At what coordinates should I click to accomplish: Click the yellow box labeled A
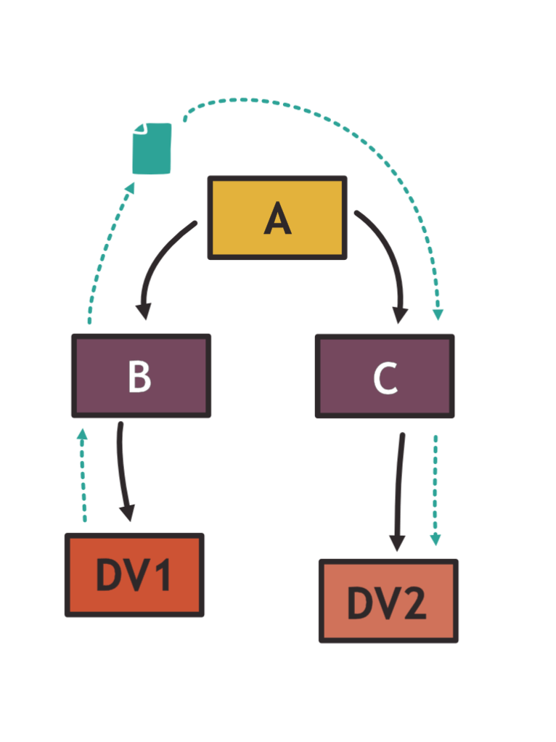277,218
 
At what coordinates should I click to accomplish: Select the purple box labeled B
141,376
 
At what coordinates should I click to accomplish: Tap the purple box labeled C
384,376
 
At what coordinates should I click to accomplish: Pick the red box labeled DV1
134,575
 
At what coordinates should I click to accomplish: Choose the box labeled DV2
388,601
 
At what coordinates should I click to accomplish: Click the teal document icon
152,150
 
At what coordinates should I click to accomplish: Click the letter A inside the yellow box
277,219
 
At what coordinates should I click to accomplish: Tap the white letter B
139,376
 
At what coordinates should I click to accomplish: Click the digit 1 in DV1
163,575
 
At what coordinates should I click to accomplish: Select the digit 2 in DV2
414,603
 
